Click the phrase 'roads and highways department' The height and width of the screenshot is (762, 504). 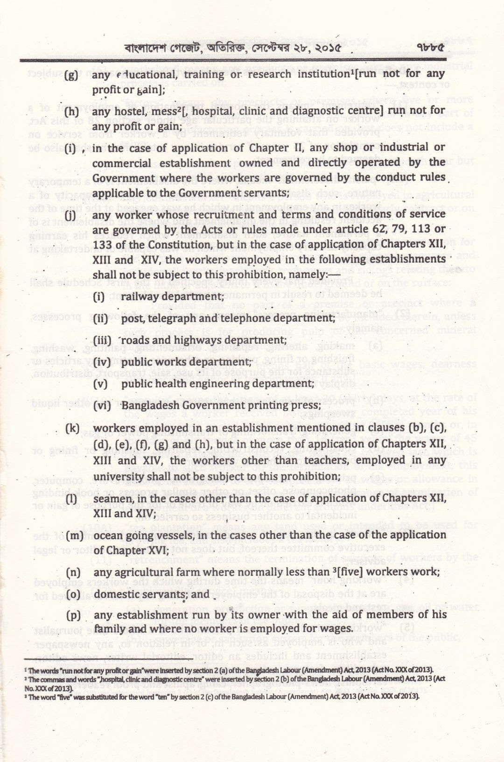pos(203,340)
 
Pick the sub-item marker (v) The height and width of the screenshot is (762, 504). pos(100,383)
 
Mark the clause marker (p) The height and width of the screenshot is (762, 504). pos(73,615)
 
